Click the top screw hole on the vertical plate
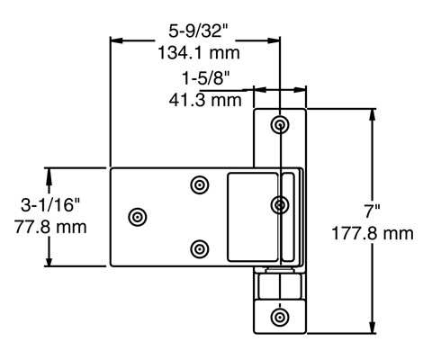(281, 124)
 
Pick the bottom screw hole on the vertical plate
(281, 317)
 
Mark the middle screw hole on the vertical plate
(281, 205)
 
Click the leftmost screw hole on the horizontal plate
(138, 216)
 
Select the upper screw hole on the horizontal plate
(200, 184)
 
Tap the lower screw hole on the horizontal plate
(200, 247)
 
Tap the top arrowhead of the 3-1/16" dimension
(51, 172)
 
